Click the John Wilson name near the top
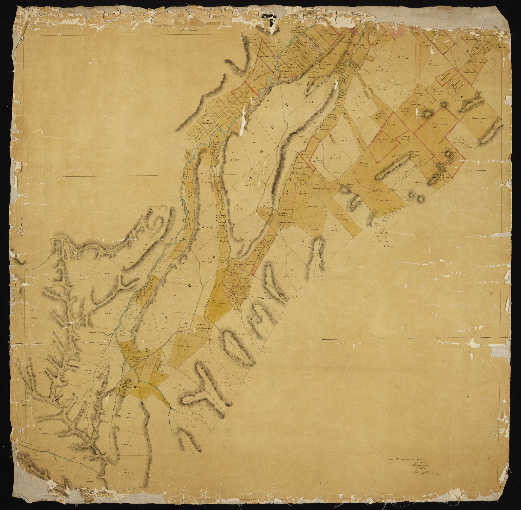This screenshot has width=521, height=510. coord(363,48)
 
